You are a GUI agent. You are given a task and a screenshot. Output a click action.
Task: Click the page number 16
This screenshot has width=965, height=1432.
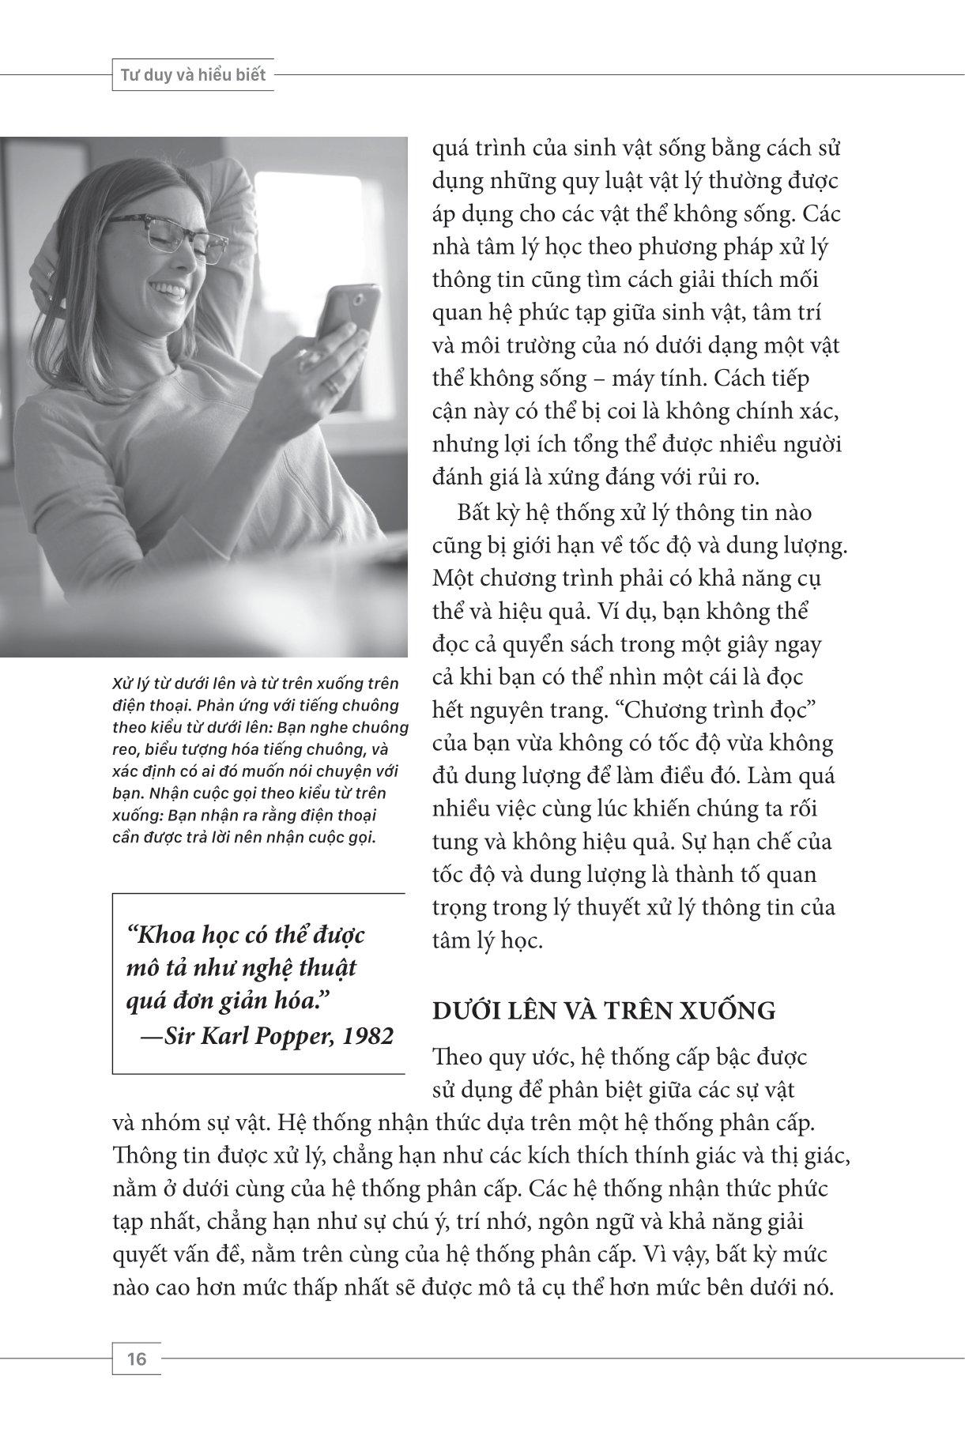tap(136, 1359)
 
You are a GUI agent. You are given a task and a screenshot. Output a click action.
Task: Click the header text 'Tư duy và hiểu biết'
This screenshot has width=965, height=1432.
tap(193, 76)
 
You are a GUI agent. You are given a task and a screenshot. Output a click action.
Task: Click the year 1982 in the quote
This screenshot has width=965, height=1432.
tap(368, 1036)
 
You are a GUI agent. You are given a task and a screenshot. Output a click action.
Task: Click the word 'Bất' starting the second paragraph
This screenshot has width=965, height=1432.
tap(475, 513)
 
